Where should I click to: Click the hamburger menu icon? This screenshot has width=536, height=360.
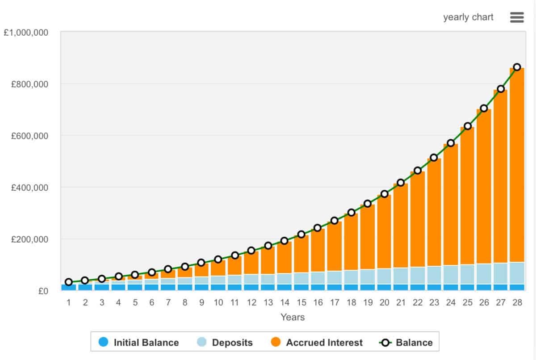coord(516,17)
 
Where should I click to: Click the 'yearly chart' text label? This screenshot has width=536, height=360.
coord(468,17)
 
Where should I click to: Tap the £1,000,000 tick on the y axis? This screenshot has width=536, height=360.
coord(26,33)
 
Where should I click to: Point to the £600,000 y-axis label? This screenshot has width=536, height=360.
coord(29,136)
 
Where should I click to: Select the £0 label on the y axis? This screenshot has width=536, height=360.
coord(43,291)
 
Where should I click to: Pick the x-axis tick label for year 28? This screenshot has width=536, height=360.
coord(517,303)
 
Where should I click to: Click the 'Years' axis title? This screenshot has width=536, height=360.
coord(293,318)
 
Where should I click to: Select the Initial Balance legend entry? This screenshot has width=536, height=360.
coord(139,343)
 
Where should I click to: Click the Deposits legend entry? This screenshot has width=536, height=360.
coord(225,343)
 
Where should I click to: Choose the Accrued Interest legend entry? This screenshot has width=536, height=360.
coord(317,343)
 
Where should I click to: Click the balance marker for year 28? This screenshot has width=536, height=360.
coord(517,67)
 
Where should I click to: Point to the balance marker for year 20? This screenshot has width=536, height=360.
coord(384,194)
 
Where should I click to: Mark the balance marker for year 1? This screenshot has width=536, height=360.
coord(69,282)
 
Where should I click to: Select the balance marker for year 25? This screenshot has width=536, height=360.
coord(467,126)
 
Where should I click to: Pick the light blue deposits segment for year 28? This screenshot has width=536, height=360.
coord(517,273)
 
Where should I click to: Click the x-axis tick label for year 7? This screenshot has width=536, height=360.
coord(168,303)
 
